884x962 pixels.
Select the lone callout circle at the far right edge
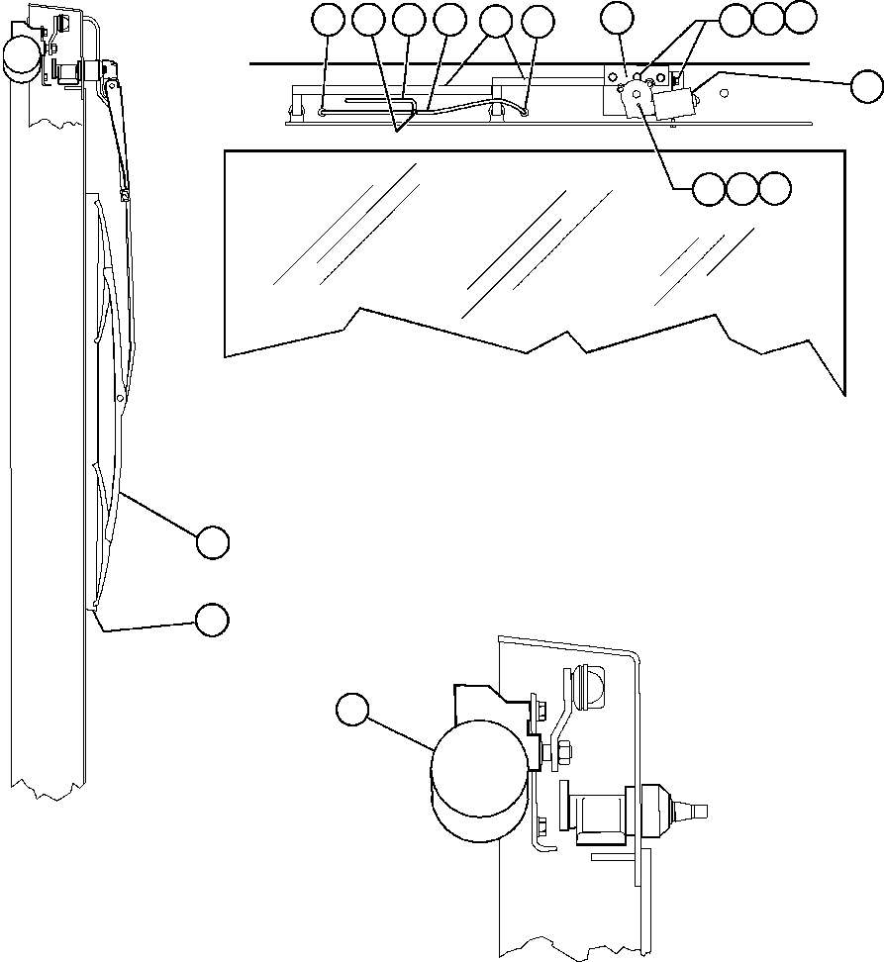click(x=867, y=85)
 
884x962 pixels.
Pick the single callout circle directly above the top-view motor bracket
click(x=618, y=19)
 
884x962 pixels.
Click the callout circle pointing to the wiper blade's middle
click(x=212, y=542)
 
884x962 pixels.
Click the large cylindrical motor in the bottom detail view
click(x=479, y=782)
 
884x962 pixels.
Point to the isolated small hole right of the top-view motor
click(x=727, y=92)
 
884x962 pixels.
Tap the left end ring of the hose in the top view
click(x=324, y=113)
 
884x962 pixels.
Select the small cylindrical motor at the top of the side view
click(x=21, y=58)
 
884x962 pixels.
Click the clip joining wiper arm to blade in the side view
click(x=125, y=196)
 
